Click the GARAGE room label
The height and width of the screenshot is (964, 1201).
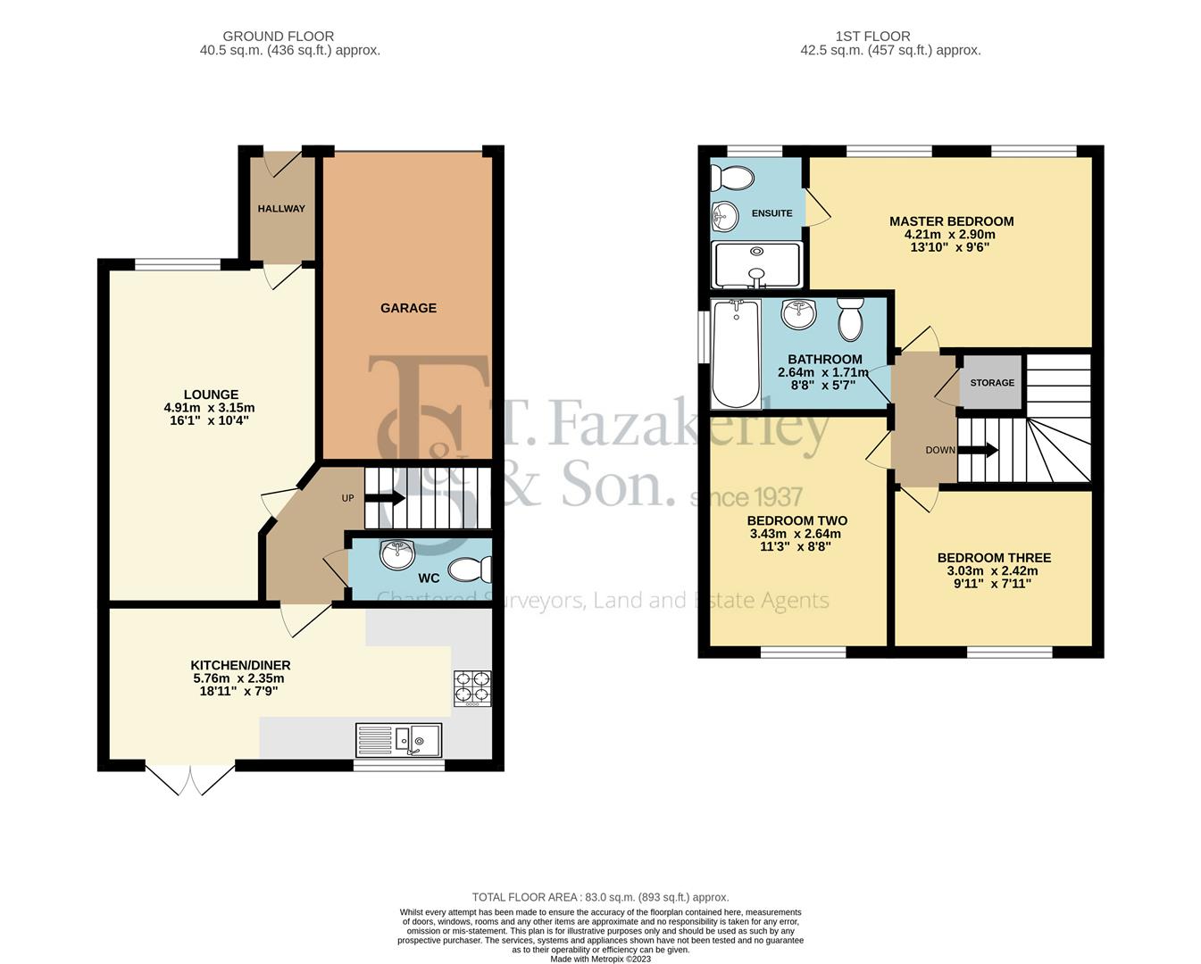[x=408, y=308]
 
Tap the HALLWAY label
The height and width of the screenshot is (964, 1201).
[x=281, y=209]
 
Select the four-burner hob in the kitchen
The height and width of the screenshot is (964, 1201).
[x=472, y=688]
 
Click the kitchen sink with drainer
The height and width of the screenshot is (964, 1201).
[x=398, y=740]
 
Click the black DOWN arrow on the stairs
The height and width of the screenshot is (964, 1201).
[x=979, y=450]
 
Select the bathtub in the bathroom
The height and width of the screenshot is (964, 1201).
[x=736, y=353]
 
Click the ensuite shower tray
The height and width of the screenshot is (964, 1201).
[x=757, y=265]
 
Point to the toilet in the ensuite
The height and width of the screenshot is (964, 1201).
[x=732, y=178]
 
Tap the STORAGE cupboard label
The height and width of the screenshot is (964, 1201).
[x=992, y=383]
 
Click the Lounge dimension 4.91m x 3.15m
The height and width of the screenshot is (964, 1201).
[x=209, y=407]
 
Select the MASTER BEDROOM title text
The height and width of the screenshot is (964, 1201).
[x=952, y=221]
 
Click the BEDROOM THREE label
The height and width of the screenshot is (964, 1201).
[x=994, y=558]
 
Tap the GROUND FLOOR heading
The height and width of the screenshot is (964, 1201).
[x=279, y=37]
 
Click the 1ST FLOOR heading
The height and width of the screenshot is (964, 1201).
[x=873, y=37]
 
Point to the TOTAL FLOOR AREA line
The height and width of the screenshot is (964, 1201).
[x=600, y=898]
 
